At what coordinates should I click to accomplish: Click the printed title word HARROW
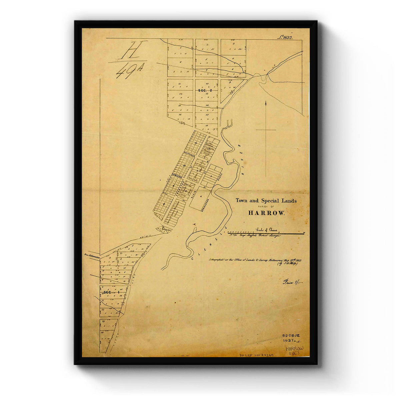266,213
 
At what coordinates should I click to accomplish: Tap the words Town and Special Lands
266,201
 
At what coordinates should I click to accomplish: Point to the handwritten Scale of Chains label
267,229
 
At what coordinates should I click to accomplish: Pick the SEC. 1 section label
111,292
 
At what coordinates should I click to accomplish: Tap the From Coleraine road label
92,255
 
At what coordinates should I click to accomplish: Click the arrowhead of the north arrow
266,103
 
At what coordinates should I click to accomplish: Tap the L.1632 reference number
284,38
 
